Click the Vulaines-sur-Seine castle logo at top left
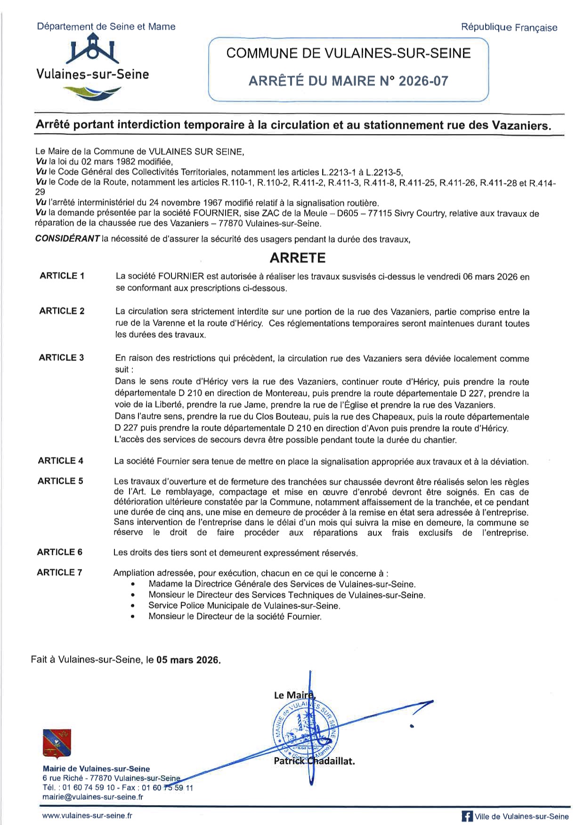click(x=93, y=53)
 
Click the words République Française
click(x=509, y=28)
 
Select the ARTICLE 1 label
click(x=62, y=276)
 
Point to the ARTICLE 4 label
click(x=61, y=461)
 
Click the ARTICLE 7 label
click(x=60, y=573)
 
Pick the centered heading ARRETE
click(x=297, y=258)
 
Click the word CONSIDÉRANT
click(x=67, y=239)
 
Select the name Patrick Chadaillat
click(x=314, y=761)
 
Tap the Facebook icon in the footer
click(x=467, y=817)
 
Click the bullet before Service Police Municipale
click(x=134, y=606)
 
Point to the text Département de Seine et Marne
click(x=106, y=27)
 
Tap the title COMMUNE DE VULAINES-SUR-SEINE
click(x=349, y=53)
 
